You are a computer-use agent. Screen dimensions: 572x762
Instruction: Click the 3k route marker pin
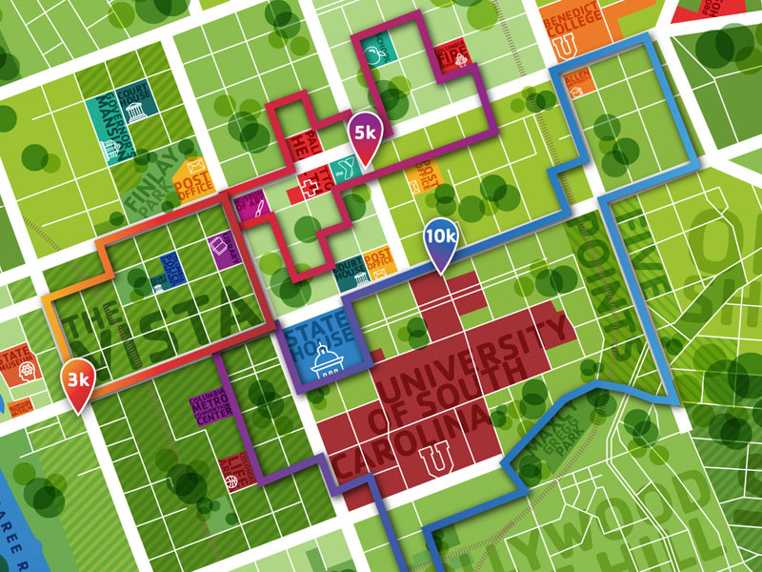tap(77, 382)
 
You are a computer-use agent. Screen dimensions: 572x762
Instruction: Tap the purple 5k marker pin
tap(364, 133)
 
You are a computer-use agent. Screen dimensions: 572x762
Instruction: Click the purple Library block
tap(222, 249)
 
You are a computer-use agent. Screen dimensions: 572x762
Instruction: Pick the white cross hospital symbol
tap(308, 183)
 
